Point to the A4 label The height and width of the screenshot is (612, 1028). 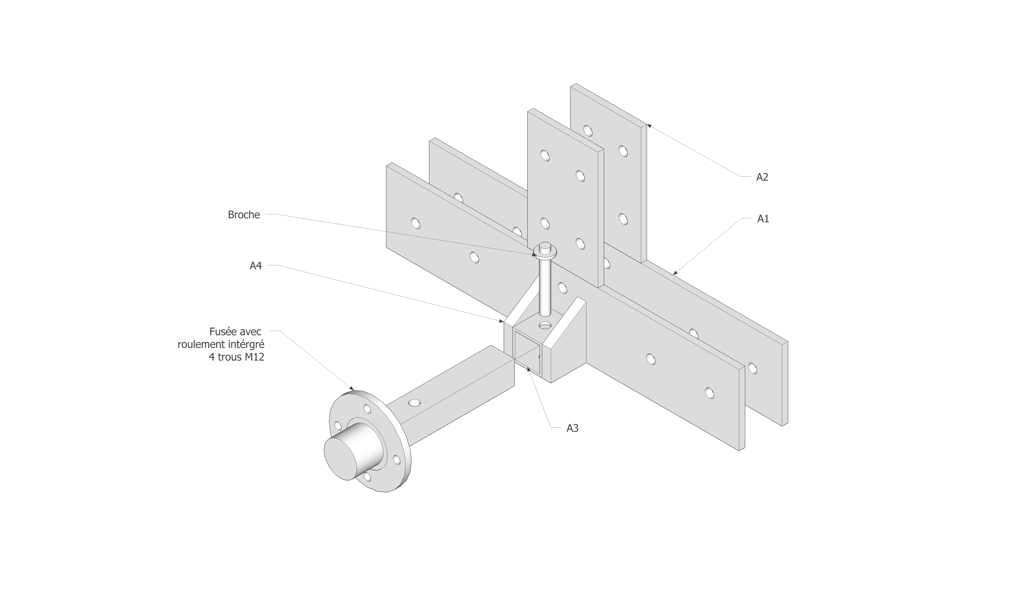click(256, 266)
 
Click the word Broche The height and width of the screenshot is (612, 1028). click(244, 215)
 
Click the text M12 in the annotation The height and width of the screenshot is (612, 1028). click(254, 357)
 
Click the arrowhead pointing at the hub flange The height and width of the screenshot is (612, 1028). click(352, 388)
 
